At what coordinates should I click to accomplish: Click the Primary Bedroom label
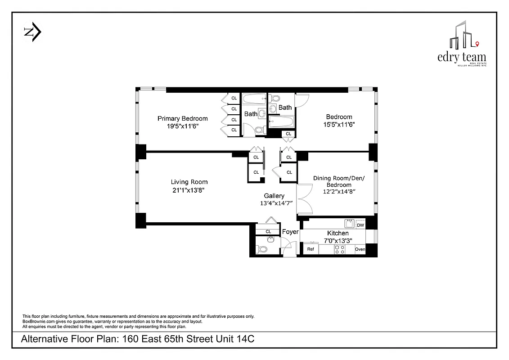182,118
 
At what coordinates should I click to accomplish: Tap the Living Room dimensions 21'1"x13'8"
189,190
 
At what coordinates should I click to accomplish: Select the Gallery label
274,196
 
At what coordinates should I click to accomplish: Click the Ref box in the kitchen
311,249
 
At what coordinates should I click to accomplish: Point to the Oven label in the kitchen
360,249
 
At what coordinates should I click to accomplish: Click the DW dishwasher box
360,225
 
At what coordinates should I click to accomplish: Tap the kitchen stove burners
339,249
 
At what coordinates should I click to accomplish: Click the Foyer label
290,232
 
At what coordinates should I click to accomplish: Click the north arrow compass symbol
32,32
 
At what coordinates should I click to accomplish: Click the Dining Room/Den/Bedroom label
339,181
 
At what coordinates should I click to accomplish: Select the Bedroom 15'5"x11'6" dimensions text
339,125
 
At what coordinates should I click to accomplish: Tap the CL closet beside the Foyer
268,231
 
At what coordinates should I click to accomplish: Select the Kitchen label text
338,233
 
